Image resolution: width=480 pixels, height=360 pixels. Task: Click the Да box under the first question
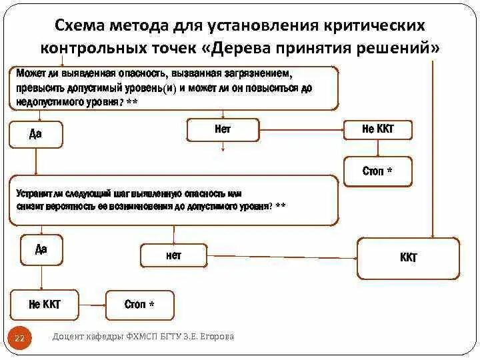pyautogui.click(x=36, y=134)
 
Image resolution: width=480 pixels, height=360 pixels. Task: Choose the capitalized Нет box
pyautogui.click(x=222, y=130)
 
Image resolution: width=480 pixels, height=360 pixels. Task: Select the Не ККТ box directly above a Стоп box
pyautogui.click(x=377, y=130)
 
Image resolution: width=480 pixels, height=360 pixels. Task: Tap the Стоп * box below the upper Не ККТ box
pyautogui.click(x=377, y=171)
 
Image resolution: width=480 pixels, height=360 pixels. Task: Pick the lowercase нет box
pyautogui.click(x=174, y=255)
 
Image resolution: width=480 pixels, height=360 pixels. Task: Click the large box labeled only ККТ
pyautogui.click(x=409, y=258)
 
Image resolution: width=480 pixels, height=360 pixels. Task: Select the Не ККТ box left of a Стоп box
pyautogui.click(x=45, y=305)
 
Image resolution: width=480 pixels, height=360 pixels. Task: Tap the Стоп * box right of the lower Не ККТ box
pyautogui.click(x=140, y=305)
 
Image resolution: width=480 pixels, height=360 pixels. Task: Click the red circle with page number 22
pyautogui.click(x=19, y=339)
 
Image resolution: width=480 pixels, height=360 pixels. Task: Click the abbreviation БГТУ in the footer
pyautogui.click(x=175, y=337)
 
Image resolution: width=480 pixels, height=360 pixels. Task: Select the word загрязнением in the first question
pyautogui.click(x=257, y=72)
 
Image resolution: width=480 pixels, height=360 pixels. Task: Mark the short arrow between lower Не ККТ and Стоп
pyautogui.click(x=93, y=305)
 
